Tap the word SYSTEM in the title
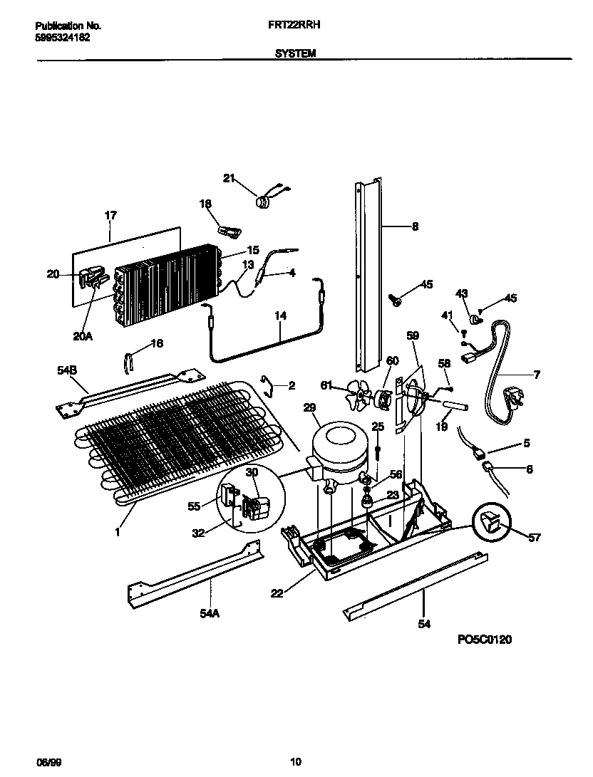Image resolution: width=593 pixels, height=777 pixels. tap(295, 53)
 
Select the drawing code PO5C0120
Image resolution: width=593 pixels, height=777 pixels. tap(484, 640)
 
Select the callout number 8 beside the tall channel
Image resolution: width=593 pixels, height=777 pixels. tap(415, 227)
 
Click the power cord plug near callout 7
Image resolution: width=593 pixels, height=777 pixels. tap(515, 392)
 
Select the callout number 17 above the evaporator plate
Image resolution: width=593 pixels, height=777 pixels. tap(110, 214)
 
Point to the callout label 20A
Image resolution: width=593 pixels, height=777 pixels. tap(83, 336)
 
